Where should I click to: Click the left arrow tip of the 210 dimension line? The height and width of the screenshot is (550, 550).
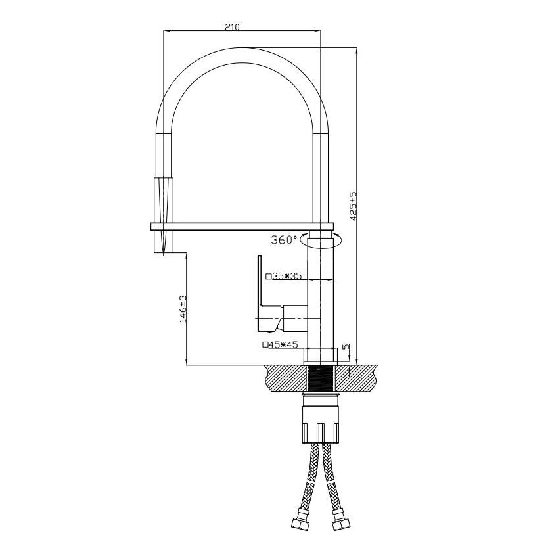(x=164, y=31)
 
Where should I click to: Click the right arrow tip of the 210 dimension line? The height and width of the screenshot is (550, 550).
(x=321, y=31)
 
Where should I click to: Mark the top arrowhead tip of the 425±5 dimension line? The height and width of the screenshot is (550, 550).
(x=357, y=48)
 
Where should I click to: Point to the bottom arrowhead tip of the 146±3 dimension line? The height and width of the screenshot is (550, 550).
(x=186, y=365)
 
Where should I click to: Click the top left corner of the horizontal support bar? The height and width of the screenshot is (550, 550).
(x=150, y=223)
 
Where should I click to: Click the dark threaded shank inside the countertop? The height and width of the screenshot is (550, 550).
(x=321, y=378)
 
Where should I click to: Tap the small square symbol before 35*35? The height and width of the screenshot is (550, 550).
(x=269, y=276)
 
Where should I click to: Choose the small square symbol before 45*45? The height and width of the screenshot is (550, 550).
(x=265, y=345)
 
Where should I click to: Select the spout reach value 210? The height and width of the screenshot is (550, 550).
(x=232, y=27)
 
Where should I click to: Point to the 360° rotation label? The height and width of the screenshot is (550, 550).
(x=284, y=240)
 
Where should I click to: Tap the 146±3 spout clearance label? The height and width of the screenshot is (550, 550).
(x=183, y=309)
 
